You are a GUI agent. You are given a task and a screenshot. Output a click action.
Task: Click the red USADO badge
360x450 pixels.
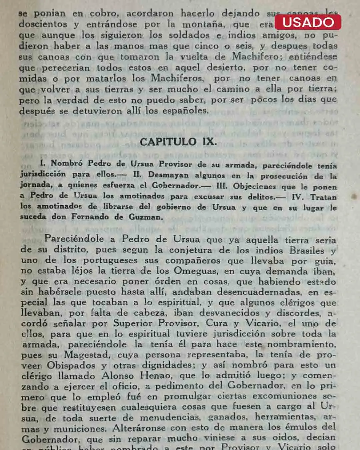coord(308,22)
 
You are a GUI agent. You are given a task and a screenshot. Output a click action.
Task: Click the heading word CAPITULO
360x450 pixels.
coord(168,142)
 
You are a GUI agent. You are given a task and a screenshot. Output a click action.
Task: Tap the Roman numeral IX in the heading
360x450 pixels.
coord(209,142)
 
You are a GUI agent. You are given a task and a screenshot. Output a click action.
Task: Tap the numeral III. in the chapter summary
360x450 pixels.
coord(221,186)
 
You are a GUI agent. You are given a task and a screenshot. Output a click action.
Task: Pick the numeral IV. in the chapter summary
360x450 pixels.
coord(298,197)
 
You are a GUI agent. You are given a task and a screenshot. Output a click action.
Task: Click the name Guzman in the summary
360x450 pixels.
coord(146,217)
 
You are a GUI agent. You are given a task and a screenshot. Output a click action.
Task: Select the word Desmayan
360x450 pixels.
coord(168,175)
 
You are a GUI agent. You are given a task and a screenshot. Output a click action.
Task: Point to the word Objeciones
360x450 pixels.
coord(254,186)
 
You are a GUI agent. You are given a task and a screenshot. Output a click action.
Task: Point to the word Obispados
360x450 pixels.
coord(71,365)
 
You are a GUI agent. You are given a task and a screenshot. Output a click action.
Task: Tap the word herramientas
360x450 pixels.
coord(286,417)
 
